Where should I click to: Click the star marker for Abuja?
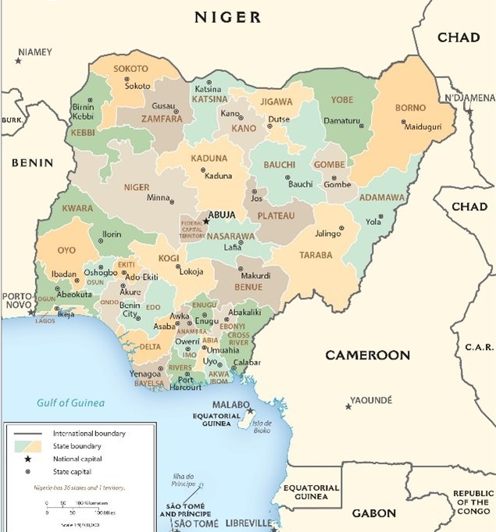206,221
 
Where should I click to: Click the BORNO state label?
411,107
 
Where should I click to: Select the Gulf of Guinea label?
71,403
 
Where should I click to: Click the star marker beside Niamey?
19,60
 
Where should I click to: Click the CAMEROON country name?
367,355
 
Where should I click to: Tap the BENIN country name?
32,162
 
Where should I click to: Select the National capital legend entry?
77,459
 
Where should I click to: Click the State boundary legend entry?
78,445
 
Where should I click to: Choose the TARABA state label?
315,255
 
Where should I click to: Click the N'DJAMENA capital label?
469,98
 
